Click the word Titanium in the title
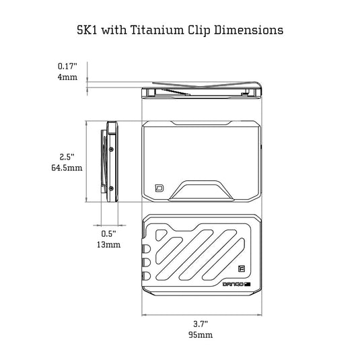point(157,30)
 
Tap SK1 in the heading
point(87,30)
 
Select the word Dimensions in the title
point(249,30)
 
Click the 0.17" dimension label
point(67,67)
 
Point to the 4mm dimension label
point(67,77)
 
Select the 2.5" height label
point(67,157)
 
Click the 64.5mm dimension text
point(67,168)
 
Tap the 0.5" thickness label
point(108,233)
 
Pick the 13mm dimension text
point(108,244)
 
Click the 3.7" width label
point(201,324)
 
